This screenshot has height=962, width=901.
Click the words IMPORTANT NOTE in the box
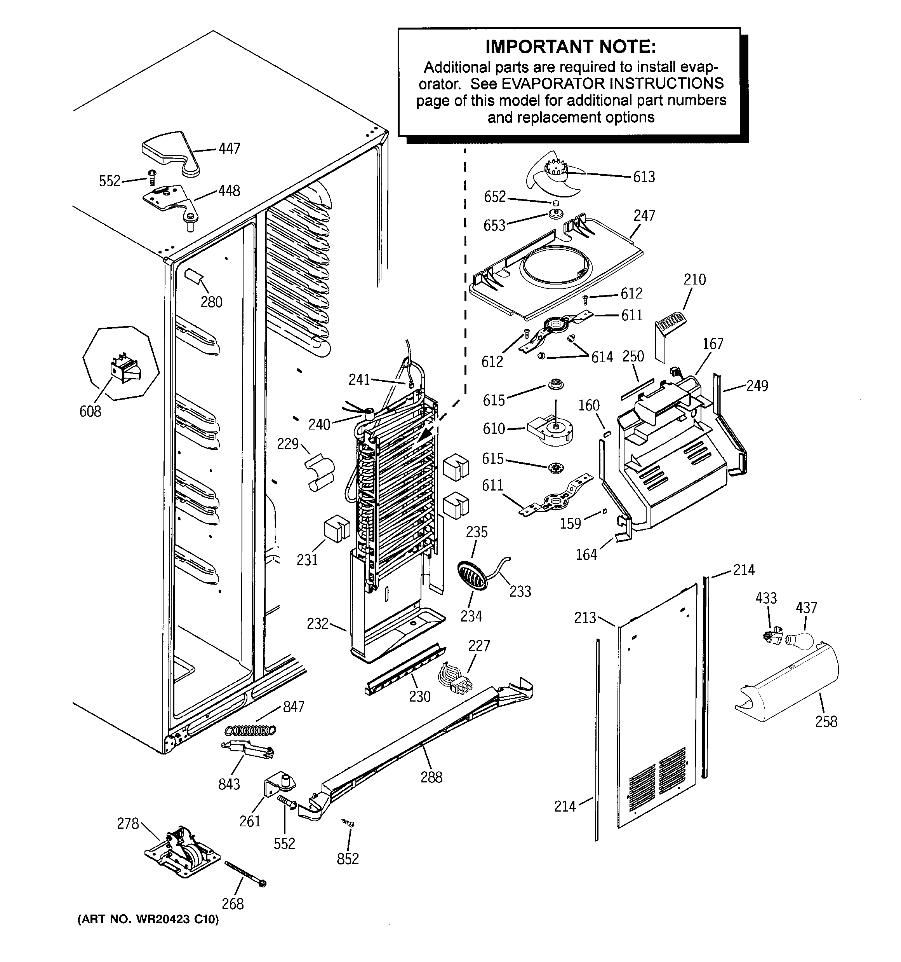[x=571, y=47]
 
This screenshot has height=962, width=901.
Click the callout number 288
[x=431, y=777]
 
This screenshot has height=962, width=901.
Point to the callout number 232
[x=318, y=624]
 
